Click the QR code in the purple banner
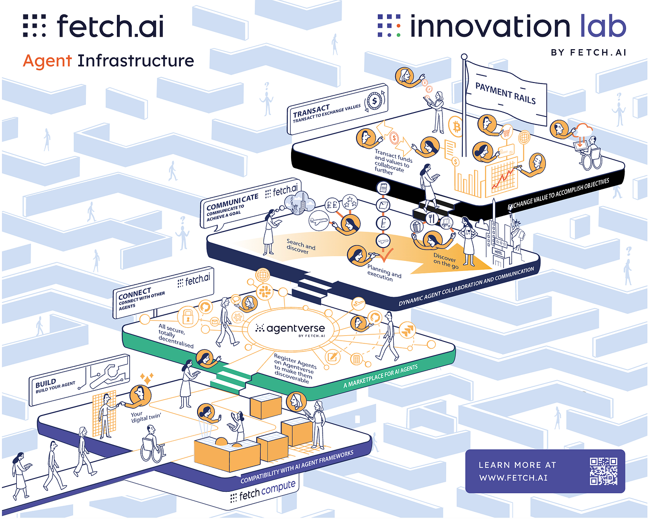click(603, 471)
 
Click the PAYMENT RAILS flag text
click(505, 93)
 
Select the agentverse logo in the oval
click(291, 329)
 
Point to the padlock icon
click(188, 316)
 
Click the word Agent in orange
click(47, 61)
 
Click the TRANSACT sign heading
click(311, 111)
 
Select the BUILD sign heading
click(46, 383)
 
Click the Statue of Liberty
click(516, 229)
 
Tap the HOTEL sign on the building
click(499, 252)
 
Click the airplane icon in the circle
click(319, 221)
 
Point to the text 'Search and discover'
click(300, 246)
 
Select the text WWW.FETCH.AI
click(513, 477)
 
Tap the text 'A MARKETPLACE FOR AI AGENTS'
click(380, 376)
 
